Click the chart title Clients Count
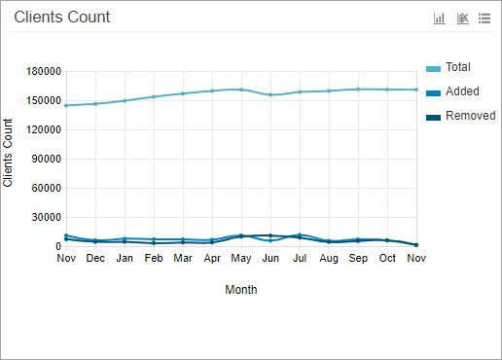[62, 18]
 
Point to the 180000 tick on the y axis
[43, 72]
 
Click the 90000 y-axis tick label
[46, 160]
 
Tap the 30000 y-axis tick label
[46, 218]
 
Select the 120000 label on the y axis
[43, 130]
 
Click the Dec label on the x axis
[95, 259]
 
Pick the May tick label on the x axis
[241, 259]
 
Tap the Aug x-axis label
[329, 259]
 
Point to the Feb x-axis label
[154, 259]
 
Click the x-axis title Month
[241, 290]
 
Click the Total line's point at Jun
[270, 94]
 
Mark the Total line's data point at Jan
[125, 100]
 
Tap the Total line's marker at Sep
[358, 90]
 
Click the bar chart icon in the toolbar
[440, 18]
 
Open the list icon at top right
[484, 18]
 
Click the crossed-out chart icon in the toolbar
[462, 18]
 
